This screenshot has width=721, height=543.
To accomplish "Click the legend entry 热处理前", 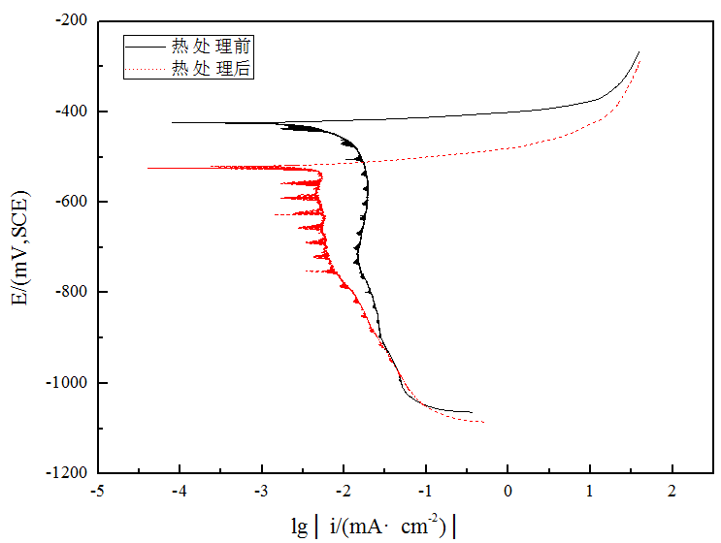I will (212, 45).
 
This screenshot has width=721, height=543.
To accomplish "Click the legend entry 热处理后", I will (212, 68).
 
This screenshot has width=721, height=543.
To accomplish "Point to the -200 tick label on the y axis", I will (72, 20).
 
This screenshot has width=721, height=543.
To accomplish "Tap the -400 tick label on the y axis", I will (72, 111).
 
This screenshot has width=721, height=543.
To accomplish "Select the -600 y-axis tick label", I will (72, 202).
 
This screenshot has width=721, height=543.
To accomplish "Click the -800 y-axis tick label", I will (72, 292).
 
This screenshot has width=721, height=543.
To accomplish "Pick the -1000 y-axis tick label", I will (68, 383).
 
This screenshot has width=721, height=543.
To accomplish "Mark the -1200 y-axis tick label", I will (68, 473).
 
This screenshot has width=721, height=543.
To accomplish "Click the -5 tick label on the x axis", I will (97, 492).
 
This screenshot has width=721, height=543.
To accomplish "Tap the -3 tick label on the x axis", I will (261, 492).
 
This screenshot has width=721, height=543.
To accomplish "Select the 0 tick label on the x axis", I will (508, 492).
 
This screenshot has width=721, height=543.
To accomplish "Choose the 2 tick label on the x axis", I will (672, 492).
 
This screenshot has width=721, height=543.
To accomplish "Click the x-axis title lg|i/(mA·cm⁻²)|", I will (373, 526).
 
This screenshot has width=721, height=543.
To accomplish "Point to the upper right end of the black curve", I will (639, 51).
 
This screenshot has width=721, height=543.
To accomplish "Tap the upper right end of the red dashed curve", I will (640, 60).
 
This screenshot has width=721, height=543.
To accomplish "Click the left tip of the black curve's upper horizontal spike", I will (173, 122).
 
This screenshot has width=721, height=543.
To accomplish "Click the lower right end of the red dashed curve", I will (483, 422).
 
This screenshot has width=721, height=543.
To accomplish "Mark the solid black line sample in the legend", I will (146, 45).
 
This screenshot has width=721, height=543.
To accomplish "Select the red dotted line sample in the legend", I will (146, 68).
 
